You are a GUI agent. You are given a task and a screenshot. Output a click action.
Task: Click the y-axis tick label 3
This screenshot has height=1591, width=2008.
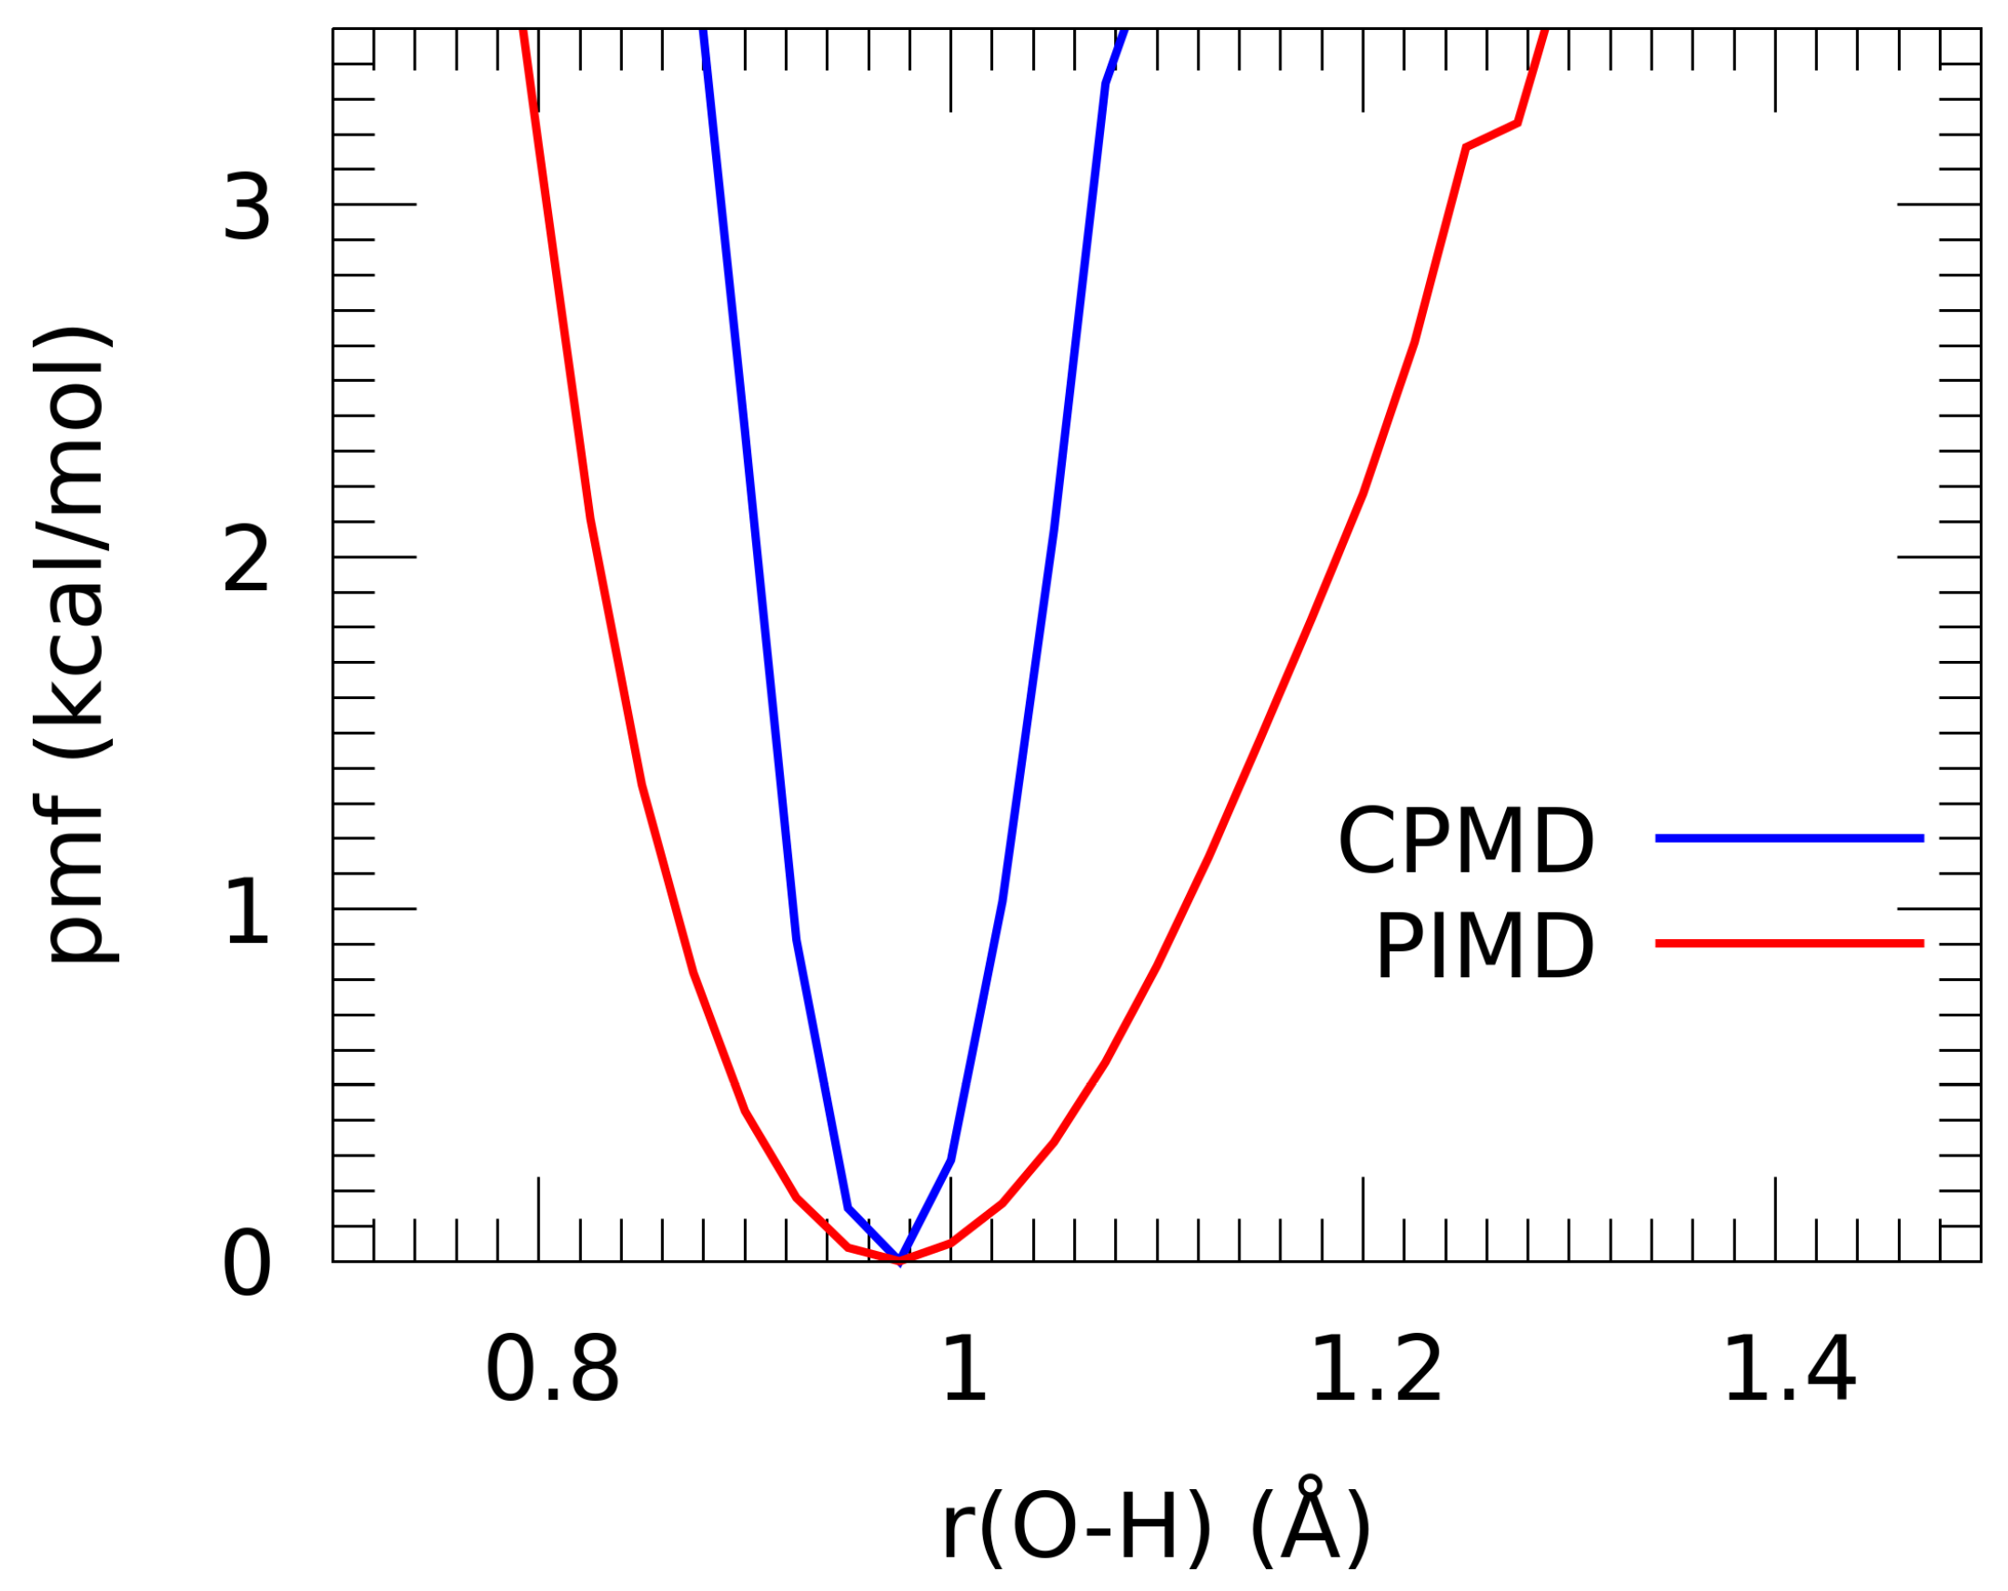click(246, 208)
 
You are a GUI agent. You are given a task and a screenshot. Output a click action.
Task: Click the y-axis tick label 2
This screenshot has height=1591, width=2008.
click(246, 560)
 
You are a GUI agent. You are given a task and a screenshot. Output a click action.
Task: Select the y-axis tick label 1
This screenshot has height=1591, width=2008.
click(246, 913)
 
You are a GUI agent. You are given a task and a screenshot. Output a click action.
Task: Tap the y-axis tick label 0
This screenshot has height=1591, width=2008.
click(246, 1265)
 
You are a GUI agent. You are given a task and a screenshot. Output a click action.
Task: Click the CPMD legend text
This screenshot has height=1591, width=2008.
click(1466, 843)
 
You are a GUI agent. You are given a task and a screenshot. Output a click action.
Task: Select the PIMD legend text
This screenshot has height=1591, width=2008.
click(1484, 947)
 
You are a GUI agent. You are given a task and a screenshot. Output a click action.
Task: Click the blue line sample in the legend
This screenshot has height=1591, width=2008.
click(1789, 839)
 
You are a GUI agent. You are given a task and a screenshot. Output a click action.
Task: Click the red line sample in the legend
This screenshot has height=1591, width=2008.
click(1789, 944)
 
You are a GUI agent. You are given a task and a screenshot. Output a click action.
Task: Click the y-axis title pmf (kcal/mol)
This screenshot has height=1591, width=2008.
click(73, 645)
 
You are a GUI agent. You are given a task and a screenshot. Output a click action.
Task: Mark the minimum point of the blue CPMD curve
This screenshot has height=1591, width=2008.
click(899, 1260)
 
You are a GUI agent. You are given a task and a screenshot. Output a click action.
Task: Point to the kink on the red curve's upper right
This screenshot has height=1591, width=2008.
click(1518, 123)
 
